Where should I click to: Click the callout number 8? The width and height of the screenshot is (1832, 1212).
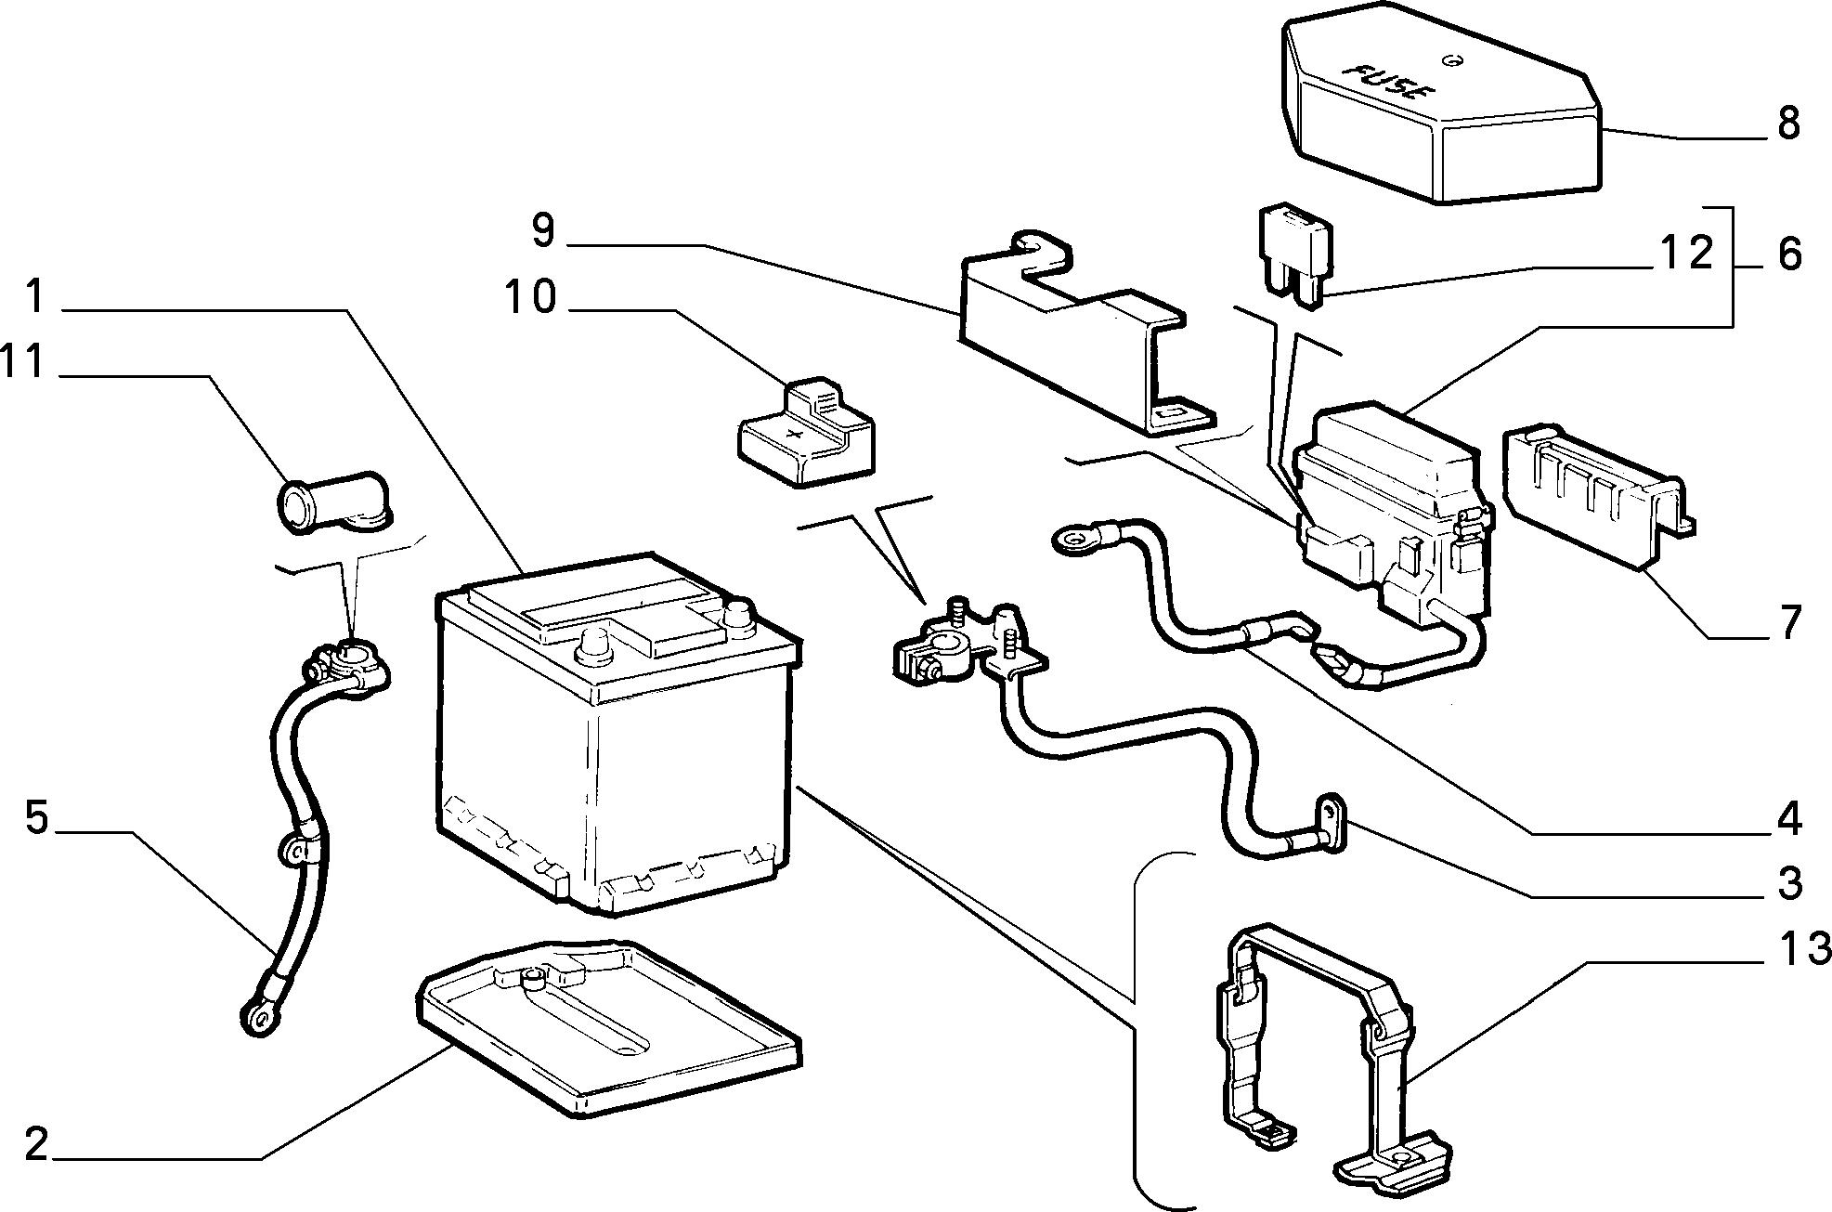coord(1787,123)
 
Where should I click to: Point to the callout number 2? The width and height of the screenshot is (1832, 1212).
coord(34,1145)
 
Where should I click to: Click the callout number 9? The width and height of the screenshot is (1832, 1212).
coord(543,231)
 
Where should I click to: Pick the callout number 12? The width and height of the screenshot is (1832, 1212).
coord(1685,253)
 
